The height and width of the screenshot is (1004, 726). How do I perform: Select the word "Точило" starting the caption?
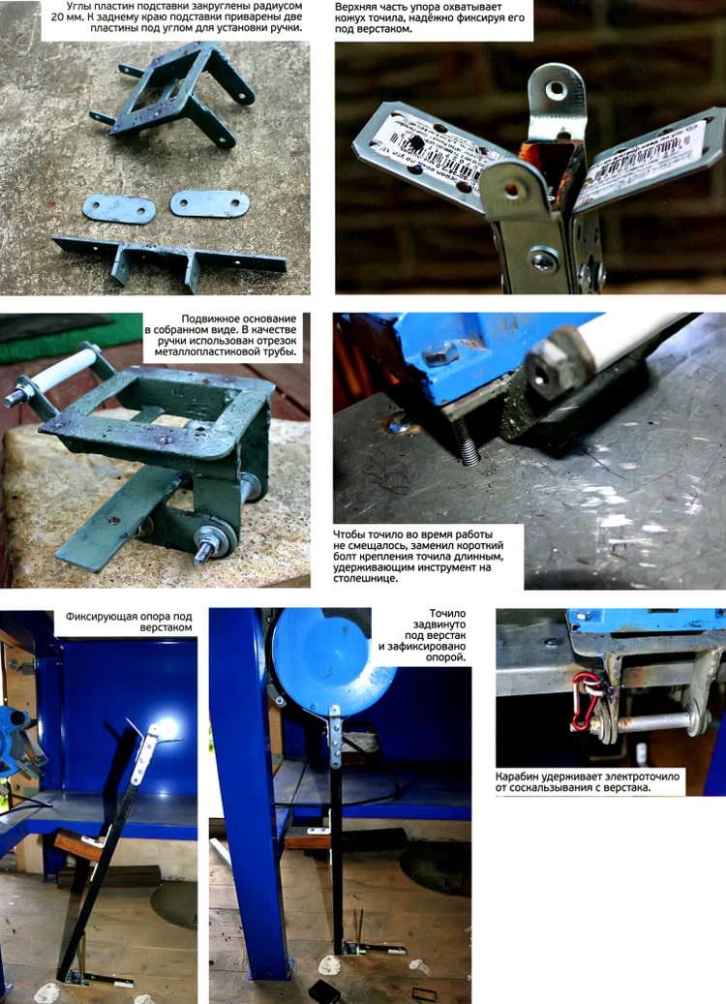pyautogui.click(x=447, y=614)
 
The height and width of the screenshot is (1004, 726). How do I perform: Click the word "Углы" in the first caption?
pyautogui.click(x=78, y=7)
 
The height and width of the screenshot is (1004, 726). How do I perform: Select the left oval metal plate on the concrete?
pyautogui.click(x=119, y=209)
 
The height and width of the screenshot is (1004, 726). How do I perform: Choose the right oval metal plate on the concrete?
pyautogui.click(x=209, y=203)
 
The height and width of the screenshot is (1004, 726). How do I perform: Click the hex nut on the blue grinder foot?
pyautogui.click(x=441, y=353)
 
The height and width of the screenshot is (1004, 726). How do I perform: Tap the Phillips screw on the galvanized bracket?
pyautogui.click(x=544, y=260)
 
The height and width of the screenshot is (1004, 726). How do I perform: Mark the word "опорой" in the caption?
pyautogui.click(x=448, y=657)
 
